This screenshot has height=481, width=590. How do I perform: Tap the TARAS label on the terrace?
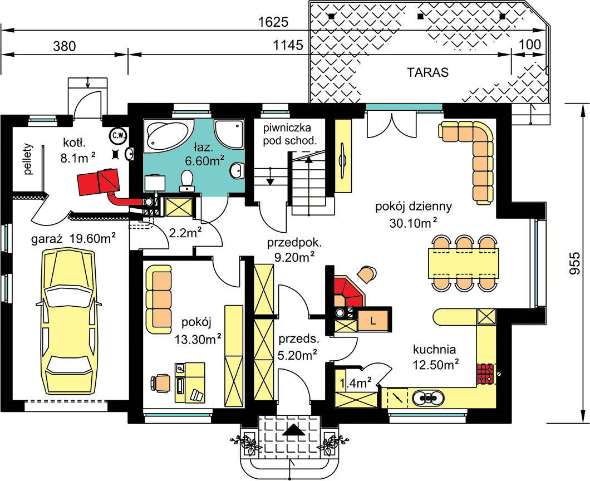428,72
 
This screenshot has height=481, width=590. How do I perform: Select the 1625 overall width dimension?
273,22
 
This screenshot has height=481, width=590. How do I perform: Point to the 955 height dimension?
574,263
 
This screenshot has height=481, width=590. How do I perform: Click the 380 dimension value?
65,46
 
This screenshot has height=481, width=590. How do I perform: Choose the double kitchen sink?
428,397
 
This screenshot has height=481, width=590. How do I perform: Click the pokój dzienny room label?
414,206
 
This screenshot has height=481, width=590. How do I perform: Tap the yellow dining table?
463,263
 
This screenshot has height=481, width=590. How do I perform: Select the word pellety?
28,159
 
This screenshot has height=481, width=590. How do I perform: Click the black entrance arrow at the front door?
294,430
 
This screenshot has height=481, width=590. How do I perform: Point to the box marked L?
372,321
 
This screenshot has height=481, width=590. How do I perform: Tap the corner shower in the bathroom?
229,134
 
